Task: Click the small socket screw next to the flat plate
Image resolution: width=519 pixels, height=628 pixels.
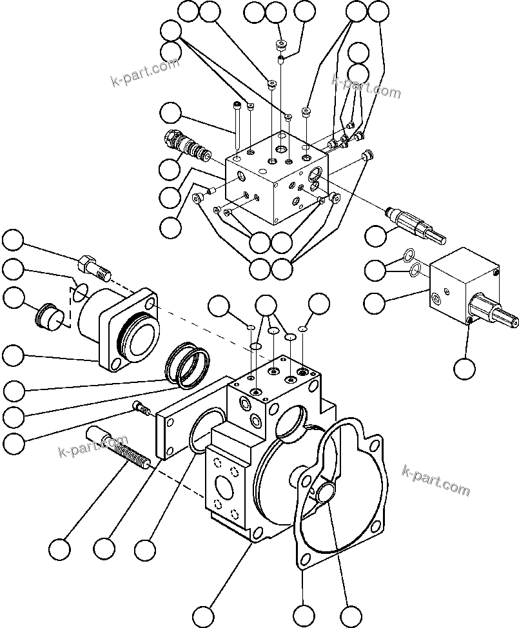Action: pos(141,407)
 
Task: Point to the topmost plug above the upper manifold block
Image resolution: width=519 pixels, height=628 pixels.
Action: pos(280,45)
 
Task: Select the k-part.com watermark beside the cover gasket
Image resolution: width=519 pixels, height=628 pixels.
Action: pos(436,480)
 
